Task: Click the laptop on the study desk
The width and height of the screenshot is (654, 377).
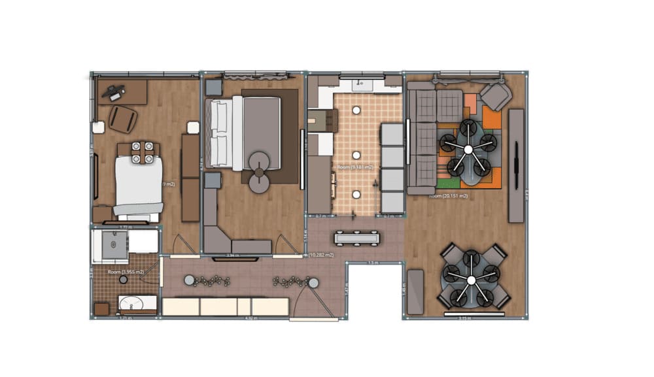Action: (x=116, y=93)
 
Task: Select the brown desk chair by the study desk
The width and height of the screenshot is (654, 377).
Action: (x=123, y=119)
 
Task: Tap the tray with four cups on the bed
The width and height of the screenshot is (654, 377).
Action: (x=142, y=152)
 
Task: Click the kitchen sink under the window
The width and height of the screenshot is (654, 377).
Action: (x=361, y=84)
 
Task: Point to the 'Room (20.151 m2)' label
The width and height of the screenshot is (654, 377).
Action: (x=447, y=195)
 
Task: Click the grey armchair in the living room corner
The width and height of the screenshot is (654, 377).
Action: (x=496, y=97)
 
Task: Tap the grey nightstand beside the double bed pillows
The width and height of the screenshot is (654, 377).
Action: (x=214, y=88)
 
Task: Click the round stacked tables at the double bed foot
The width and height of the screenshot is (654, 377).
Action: (x=259, y=172)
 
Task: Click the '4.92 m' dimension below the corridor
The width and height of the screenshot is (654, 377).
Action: (x=249, y=319)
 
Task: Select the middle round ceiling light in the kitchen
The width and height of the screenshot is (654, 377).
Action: (x=356, y=155)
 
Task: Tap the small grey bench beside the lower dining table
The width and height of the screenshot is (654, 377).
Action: (x=415, y=290)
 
